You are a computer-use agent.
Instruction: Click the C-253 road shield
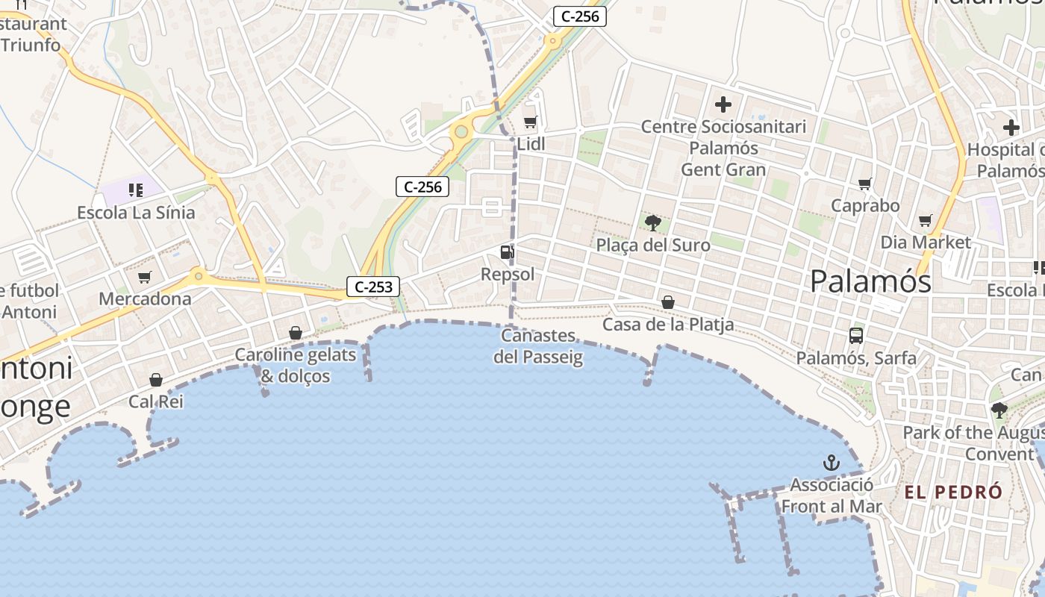(373, 286)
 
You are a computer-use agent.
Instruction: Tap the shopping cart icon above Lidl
(530, 122)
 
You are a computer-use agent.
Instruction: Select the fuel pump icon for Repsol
(507, 252)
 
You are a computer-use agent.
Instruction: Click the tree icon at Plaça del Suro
(653, 222)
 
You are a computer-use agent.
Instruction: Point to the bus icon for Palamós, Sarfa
(856, 336)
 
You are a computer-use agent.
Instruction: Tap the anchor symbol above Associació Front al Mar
(831, 463)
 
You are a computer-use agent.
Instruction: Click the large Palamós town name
(870, 281)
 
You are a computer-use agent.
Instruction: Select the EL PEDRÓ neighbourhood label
(953, 493)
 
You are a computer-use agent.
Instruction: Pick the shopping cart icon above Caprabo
(865, 184)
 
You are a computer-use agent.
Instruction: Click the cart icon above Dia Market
(926, 220)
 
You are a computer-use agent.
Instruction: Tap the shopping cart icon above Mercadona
(145, 278)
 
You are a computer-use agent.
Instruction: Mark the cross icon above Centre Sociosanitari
(723, 104)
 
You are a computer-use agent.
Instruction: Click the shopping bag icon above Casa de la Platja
(668, 302)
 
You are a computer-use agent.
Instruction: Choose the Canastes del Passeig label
(538, 346)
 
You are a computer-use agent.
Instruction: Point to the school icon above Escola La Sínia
(135, 190)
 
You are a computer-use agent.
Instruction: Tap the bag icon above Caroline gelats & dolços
(296, 332)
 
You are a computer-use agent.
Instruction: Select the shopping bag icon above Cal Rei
(156, 381)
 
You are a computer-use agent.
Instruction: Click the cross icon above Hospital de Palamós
(1011, 127)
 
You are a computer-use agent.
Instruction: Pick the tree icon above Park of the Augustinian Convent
(999, 410)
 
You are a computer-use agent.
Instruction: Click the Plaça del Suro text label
(653, 245)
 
